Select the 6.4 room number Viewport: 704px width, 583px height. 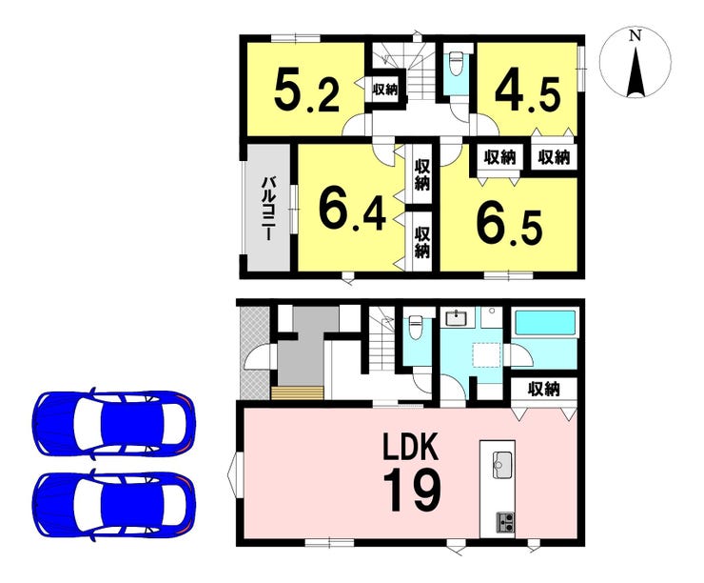coord(352,210)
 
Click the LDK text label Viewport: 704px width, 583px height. coord(410,447)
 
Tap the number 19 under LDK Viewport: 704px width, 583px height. coord(412,490)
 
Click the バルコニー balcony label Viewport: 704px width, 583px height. coord(269,208)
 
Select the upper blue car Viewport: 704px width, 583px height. coord(114,423)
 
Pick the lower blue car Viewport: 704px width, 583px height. coord(114,504)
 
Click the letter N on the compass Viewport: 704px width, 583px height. coord(635,36)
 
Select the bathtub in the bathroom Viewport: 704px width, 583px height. coord(545,323)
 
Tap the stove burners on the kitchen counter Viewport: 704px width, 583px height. coord(505,521)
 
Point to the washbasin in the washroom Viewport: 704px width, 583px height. coord(457,317)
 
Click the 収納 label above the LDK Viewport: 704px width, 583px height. coord(544,389)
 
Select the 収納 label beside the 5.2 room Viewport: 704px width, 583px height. coord(385,90)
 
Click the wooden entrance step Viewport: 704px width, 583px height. coord(297,392)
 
